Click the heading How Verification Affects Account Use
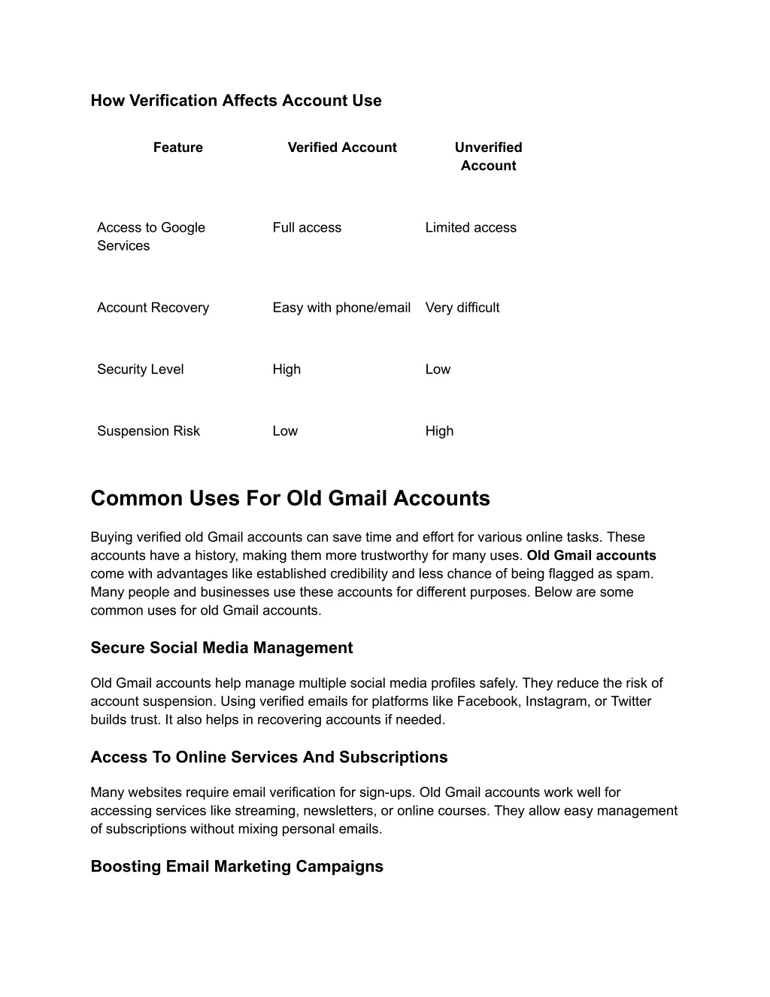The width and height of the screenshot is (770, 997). (236, 101)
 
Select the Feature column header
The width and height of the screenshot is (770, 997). (178, 147)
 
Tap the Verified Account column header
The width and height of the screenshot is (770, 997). (342, 147)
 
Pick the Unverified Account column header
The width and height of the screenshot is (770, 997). (488, 157)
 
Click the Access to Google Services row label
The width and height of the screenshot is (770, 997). (151, 236)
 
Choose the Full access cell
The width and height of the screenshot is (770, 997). (307, 227)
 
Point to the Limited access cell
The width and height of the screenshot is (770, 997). (471, 227)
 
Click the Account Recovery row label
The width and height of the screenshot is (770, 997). (153, 307)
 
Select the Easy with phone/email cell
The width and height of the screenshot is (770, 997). (341, 307)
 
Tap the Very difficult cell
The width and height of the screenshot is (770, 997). (462, 307)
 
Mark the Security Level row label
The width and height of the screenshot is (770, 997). (141, 369)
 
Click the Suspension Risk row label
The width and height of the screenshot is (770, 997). (149, 430)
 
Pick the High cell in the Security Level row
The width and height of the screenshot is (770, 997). (286, 369)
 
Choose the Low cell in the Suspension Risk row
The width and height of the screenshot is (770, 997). (285, 430)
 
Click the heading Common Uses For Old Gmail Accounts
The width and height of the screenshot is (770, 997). (290, 498)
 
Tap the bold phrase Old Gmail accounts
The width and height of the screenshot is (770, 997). (591, 555)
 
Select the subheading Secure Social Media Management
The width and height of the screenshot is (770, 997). (222, 648)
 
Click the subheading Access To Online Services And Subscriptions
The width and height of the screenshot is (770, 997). (269, 757)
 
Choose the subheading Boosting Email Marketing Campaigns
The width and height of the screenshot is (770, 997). (237, 866)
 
